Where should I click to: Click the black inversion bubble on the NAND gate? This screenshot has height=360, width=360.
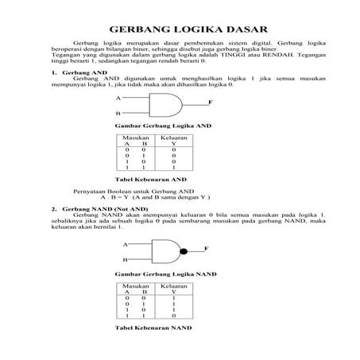point(184,251)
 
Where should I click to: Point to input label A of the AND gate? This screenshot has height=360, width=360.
point(118,98)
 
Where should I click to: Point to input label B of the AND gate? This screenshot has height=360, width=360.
point(118,114)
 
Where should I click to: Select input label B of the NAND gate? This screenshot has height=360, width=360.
point(124,260)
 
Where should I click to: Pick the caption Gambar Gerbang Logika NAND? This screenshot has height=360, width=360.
point(165,273)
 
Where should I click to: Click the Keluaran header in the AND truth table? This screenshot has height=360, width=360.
point(173,137)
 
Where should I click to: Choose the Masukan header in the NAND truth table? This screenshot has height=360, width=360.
point(136,285)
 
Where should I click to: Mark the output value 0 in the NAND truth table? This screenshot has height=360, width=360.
point(173,315)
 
